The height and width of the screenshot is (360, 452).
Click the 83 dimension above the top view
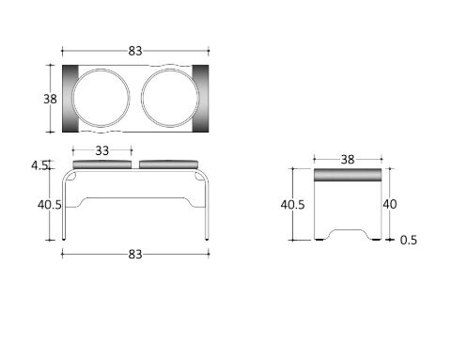point(135,51)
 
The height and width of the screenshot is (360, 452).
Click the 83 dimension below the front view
point(135,255)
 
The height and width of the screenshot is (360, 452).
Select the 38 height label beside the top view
point(50,99)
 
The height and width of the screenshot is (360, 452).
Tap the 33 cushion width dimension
point(101,150)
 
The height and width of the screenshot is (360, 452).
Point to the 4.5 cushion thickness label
point(39,165)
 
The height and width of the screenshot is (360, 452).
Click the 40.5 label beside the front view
point(50,205)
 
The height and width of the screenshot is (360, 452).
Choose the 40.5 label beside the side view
point(292,205)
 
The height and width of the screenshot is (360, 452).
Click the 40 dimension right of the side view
point(390,204)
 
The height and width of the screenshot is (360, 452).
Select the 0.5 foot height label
point(409,240)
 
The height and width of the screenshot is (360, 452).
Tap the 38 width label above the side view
point(348,160)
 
